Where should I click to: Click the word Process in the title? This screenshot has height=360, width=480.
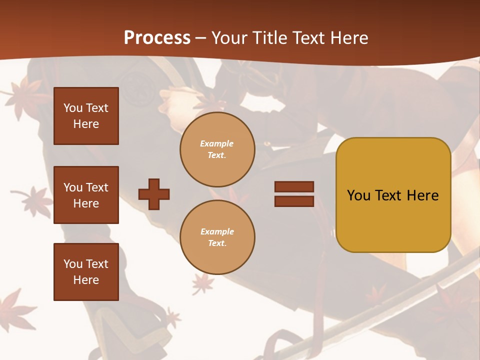tap(157, 38)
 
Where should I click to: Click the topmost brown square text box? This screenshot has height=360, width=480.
tap(86, 116)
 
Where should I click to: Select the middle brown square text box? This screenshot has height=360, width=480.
tap(86, 195)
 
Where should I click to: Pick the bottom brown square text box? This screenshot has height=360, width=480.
tap(86, 271)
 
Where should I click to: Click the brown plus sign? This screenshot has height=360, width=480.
tap(154, 194)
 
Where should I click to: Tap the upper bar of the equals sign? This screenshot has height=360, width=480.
tap(294, 186)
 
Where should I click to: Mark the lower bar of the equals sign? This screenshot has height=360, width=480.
tap(294, 201)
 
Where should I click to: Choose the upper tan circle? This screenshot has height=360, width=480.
tap(217, 149)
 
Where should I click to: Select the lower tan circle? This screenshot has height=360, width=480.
tap(217, 237)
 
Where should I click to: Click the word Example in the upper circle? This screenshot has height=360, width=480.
tap(216, 143)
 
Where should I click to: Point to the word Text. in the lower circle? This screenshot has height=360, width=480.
tap(217, 243)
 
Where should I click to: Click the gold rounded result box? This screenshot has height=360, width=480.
tap(393, 195)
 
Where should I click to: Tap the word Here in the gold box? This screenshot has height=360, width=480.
tap(422, 195)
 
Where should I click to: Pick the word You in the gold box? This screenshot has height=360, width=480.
tap(358, 195)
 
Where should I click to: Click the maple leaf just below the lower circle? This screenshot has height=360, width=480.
tap(202, 283)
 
